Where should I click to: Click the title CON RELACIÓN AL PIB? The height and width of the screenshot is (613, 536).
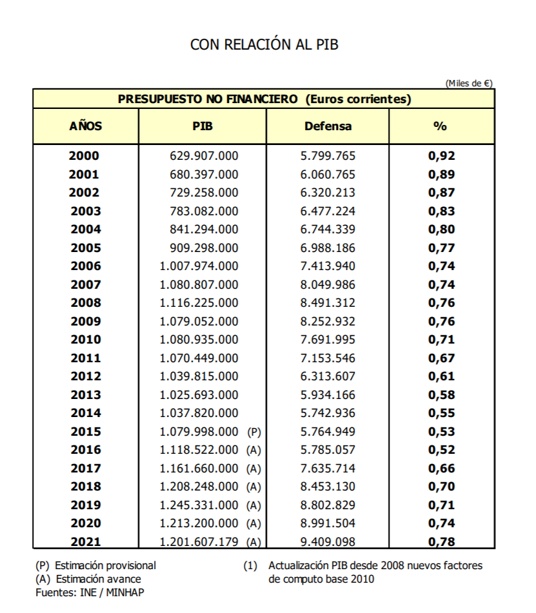point(264,44)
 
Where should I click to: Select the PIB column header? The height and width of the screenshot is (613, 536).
point(203,126)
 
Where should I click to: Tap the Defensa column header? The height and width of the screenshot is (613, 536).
point(328,126)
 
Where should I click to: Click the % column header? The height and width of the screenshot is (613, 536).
point(441,126)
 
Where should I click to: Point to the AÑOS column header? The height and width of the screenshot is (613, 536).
point(85,126)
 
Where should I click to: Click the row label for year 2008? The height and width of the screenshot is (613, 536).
point(85,303)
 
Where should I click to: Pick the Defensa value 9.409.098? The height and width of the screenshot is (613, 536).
point(328,542)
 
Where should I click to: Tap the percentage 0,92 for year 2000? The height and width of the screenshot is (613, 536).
point(441,156)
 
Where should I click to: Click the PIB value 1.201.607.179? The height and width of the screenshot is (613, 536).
point(199,542)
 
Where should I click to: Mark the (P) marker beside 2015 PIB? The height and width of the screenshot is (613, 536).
point(253,432)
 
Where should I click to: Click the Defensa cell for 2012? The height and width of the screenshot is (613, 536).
point(328,376)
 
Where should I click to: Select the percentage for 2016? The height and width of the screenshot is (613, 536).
point(441,450)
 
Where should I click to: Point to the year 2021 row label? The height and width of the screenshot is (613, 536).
point(85,542)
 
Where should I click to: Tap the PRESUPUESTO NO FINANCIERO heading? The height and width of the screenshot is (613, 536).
point(264,99)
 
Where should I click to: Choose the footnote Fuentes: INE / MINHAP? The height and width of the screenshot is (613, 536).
point(90,592)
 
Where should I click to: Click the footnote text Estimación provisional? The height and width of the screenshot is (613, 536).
point(105,565)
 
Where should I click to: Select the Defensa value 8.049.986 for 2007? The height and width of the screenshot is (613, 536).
point(328,284)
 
